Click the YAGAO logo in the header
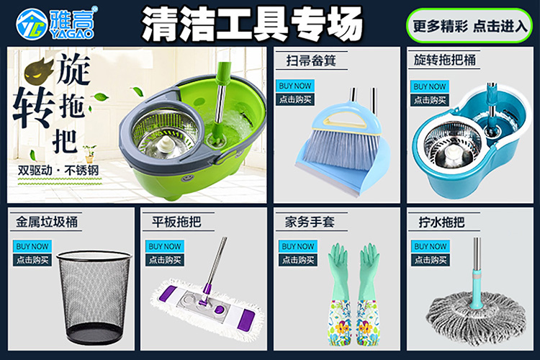(x=55, y=23)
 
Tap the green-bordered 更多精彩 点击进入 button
(x=469, y=26)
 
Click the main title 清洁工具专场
(x=252, y=24)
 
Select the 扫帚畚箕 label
(x=311, y=60)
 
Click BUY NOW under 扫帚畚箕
(x=294, y=86)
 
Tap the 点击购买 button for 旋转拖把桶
(x=429, y=100)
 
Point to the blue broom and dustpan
(x=342, y=141)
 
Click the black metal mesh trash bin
(x=94, y=297)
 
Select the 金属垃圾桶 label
(x=47, y=222)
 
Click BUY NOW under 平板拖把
(x=165, y=246)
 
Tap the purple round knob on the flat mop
(x=219, y=309)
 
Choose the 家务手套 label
(x=310, y=222)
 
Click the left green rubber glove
(x=340, y=294)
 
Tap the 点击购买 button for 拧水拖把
(x=430, y=260)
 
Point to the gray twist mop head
(x=477, y=318)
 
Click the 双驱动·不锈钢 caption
(x=58, y=170)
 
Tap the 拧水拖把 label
(x=442, y=222)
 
